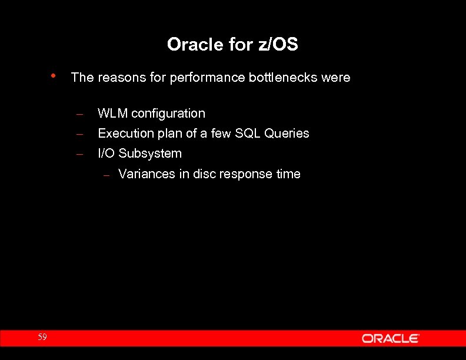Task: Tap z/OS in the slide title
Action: click(x=278, y=44)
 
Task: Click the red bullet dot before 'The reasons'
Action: click(x=53, y=76)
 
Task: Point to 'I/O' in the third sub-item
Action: click(x=106, y=154)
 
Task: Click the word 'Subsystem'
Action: click(x=150, y=154)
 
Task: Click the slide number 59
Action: click(x=42, y=337)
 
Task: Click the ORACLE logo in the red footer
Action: click(x=390, y=338)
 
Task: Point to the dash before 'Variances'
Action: click(x=106, y=175)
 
